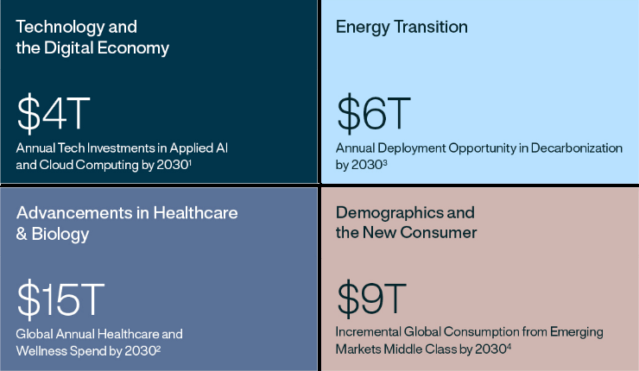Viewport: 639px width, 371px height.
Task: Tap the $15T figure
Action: pos(60,298)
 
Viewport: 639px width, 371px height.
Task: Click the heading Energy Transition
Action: pos(402,27)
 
